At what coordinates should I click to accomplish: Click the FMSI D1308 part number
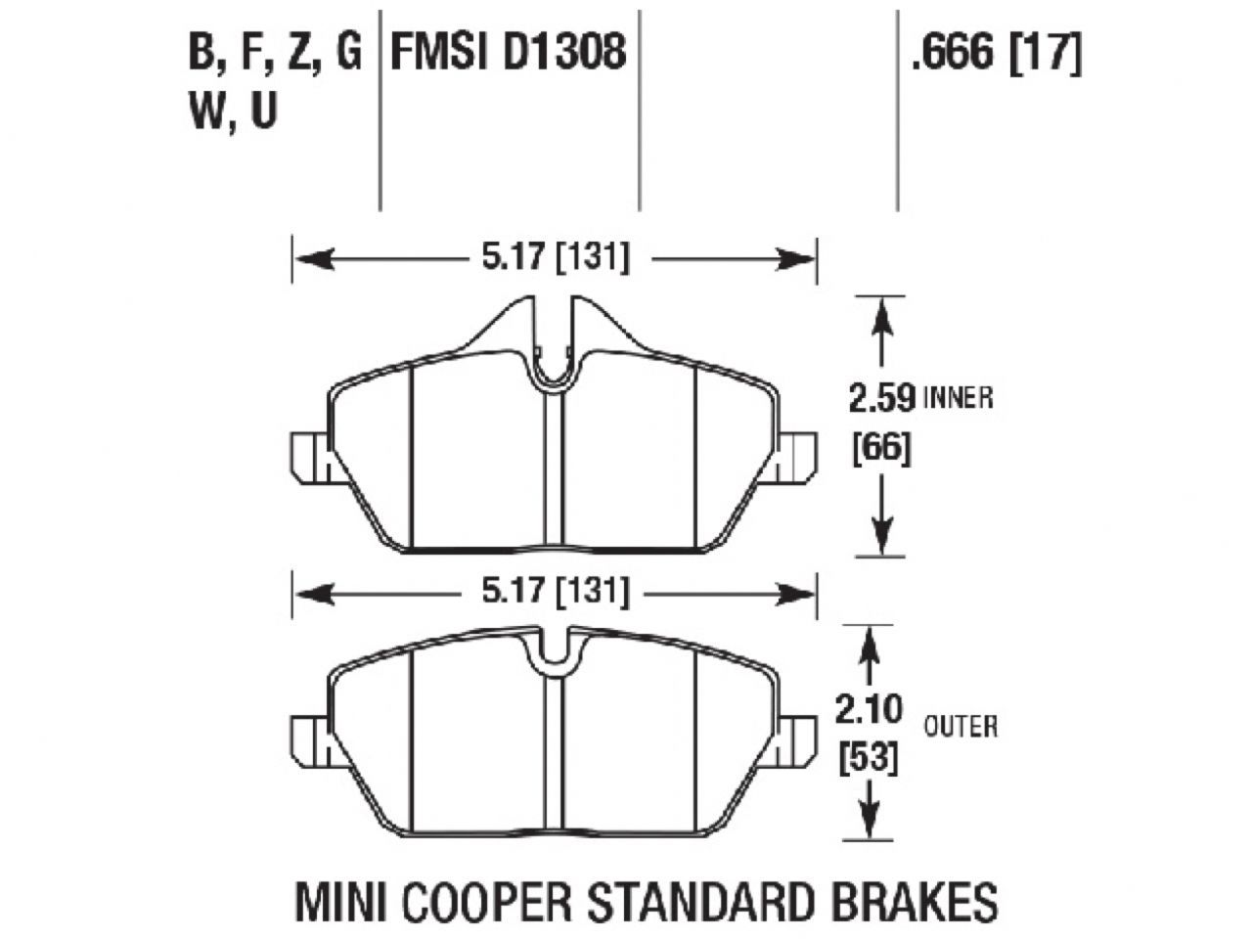[508, 51]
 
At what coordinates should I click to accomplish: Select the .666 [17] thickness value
[995, 51]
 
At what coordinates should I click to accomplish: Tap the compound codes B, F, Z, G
[275, 51]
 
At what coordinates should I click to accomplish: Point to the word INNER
[958, 399]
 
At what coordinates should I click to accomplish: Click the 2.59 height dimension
[881, 399]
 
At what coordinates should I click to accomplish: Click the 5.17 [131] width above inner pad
[554, 258]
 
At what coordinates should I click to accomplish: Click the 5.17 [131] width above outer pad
[554, 592]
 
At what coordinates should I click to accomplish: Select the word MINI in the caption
[334, 901]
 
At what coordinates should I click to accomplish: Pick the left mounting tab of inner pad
[310, 457]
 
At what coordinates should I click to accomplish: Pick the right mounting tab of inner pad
[798, 457]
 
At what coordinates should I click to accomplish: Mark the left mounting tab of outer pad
[310, 741]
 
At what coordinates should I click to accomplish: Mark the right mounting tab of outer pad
[798, 741]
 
